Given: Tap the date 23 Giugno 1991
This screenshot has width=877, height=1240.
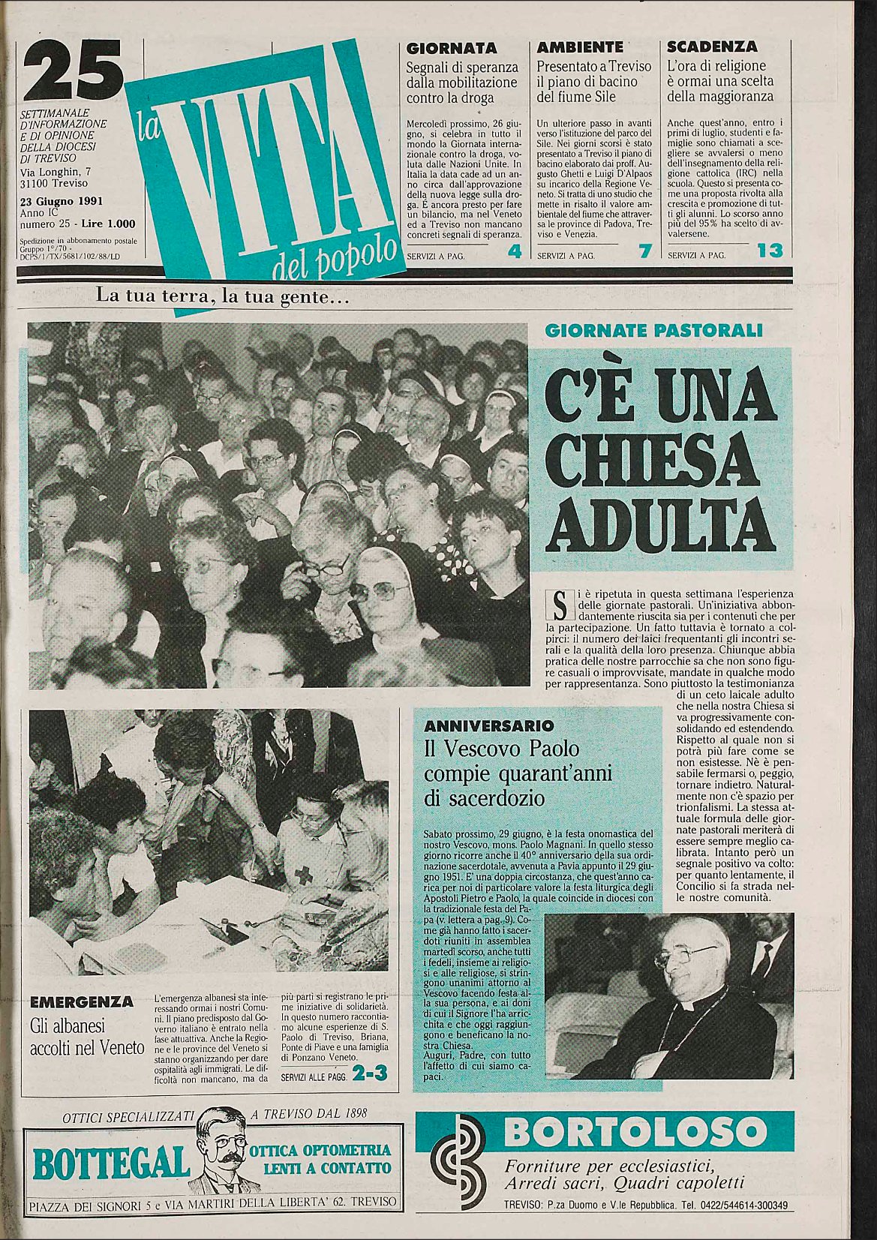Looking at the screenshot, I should click(62, 201).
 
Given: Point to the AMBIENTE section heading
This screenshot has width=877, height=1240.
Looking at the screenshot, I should click(580, 47).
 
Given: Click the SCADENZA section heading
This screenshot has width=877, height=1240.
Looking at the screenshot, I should click(712, 47).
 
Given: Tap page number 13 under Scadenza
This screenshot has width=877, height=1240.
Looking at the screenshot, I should click(770, 251).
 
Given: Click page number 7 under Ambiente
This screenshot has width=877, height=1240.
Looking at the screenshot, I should click(643, 252).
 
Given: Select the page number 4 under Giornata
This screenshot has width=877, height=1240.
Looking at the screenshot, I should click(514, 252).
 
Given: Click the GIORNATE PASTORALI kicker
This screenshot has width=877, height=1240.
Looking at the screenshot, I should click(653, 330).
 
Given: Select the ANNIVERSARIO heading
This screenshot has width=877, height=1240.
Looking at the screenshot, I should click(488, 726).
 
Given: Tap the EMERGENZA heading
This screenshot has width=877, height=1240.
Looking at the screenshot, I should click(82, 1001).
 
